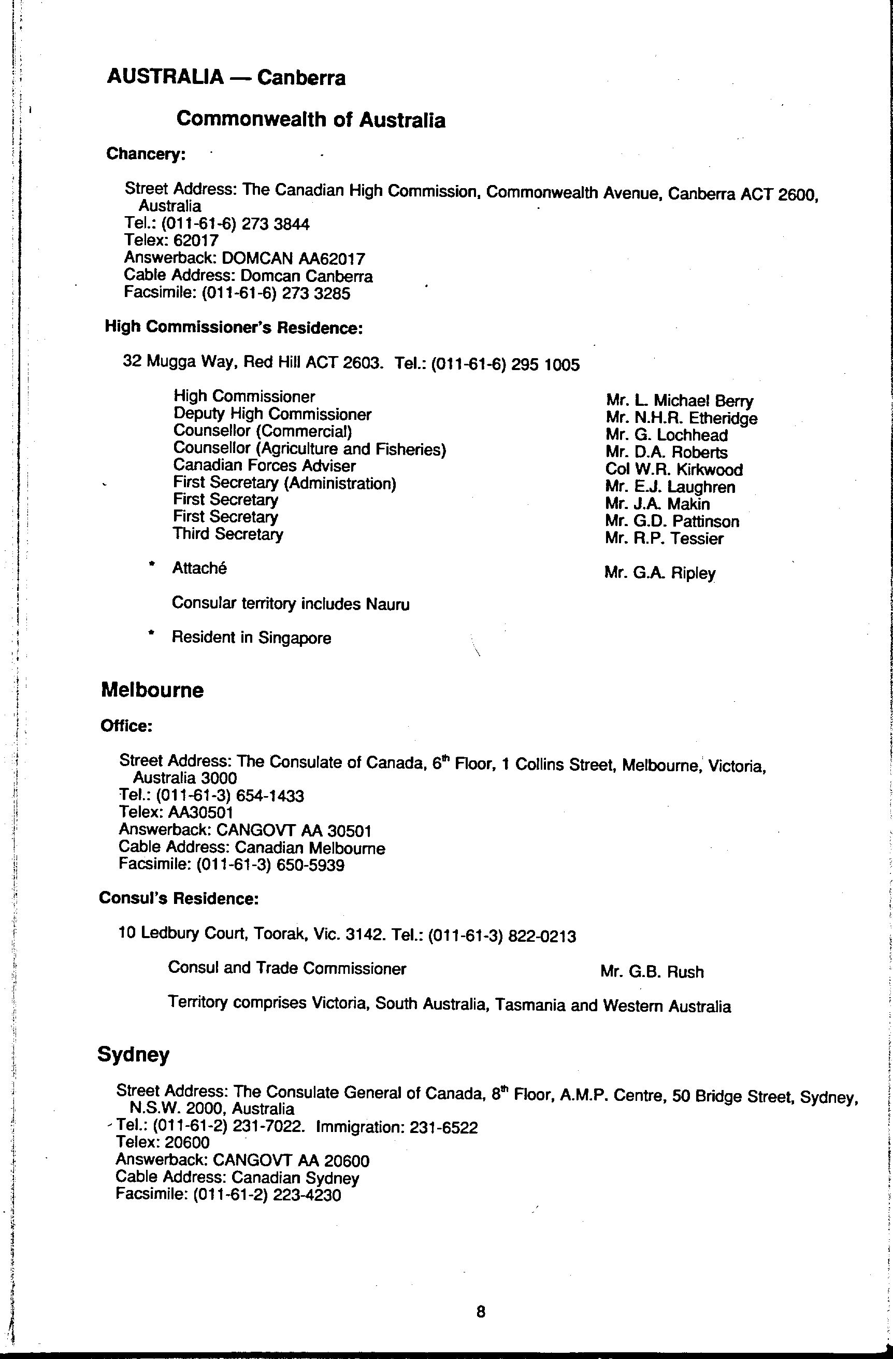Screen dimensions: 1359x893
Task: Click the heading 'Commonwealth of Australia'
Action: click(x=310, y=119)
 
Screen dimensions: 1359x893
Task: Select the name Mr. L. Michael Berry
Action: click(x=679, y=401)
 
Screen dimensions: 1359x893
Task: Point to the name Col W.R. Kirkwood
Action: click(x=673, y=470)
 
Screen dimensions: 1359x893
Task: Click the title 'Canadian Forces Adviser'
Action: click(x=264, y=466)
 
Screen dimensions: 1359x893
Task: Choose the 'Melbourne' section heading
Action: click(x=152, y=690)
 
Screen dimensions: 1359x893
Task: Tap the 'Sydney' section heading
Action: click(x=134, y=1054)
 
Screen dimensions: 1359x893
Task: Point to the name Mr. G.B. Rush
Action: click(x=652, y=972)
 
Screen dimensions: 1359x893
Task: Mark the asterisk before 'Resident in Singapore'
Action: click(x=151, y=633)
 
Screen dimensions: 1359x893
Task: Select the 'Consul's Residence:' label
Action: click(x=179, y=899)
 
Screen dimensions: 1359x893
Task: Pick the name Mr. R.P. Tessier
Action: click(x=664, y=539)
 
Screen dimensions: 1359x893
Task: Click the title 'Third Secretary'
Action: click(x=228, y=534)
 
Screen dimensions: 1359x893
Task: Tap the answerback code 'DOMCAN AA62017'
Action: click(x=293, y=259)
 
